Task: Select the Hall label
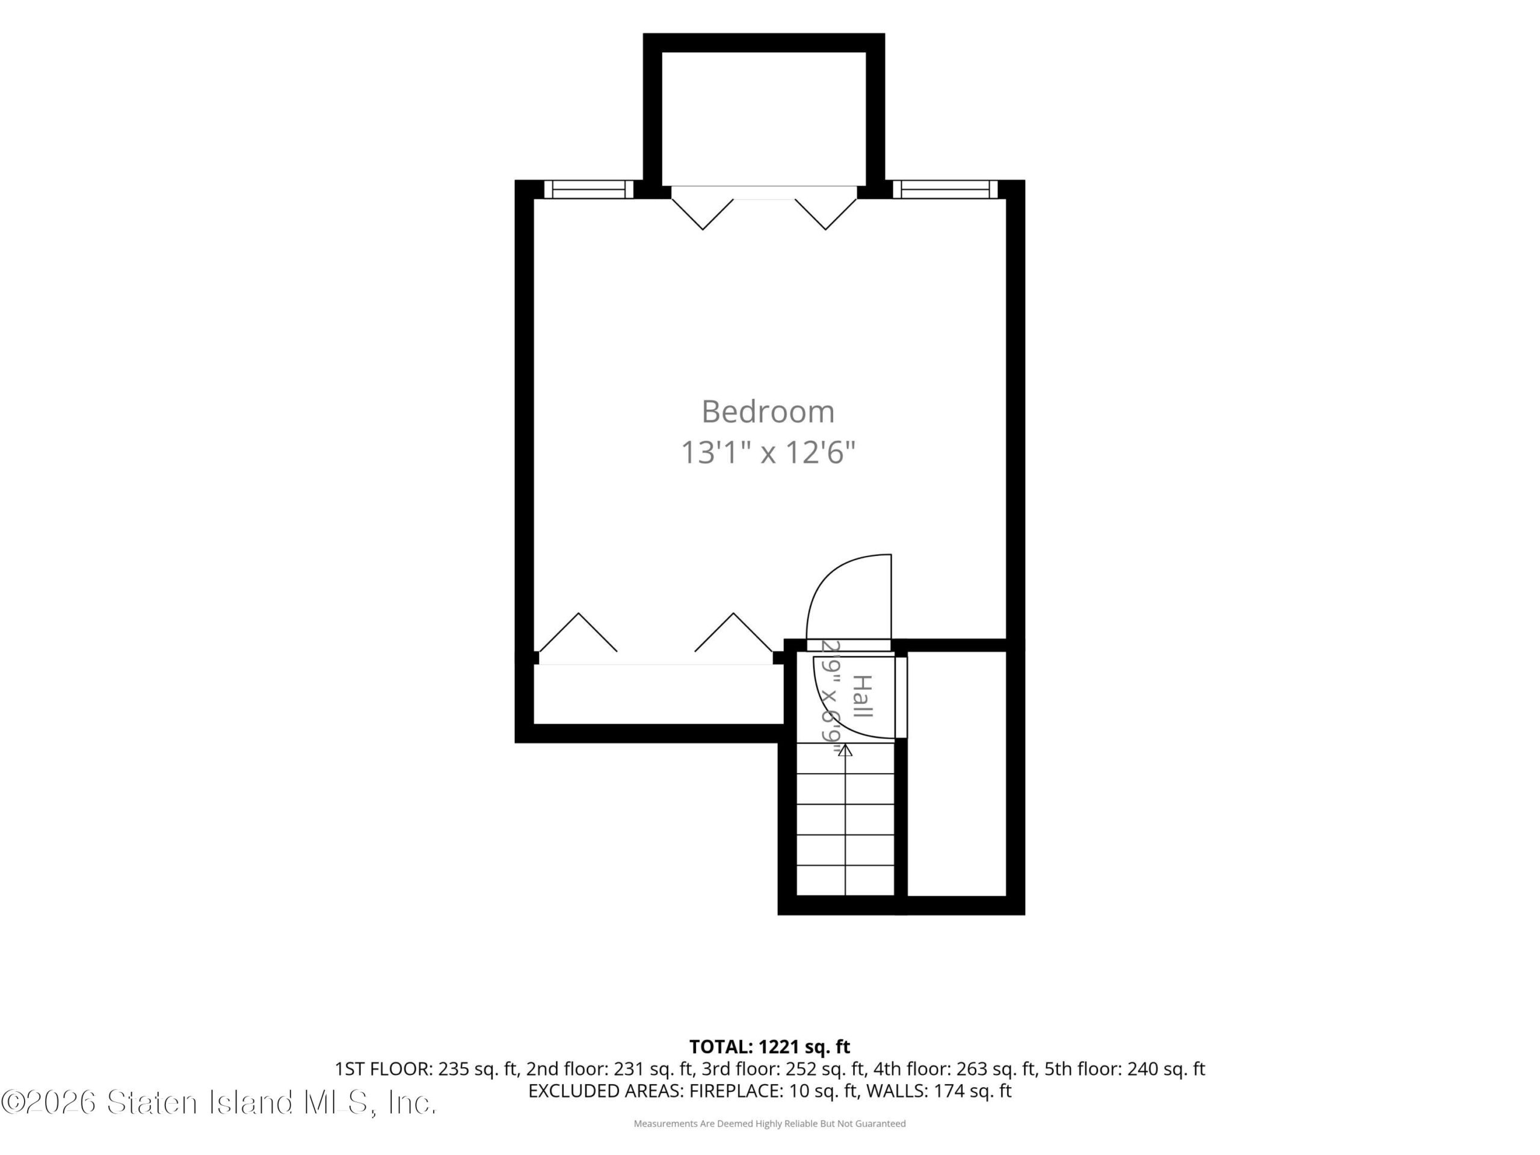(x=863, y=696)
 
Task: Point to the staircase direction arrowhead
(x=845, y=750)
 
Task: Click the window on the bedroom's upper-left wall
(x=588, y=189)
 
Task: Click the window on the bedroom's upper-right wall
(x=944, y=189)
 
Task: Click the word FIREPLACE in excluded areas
(x=735, y=1091)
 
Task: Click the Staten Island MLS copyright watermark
(x=218, y=1102)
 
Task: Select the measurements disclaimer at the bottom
(x=769, y=1124)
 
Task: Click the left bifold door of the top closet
(x=703, y=214)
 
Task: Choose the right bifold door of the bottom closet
(x=734, y=632)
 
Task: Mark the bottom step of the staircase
(x=845, y=881)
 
